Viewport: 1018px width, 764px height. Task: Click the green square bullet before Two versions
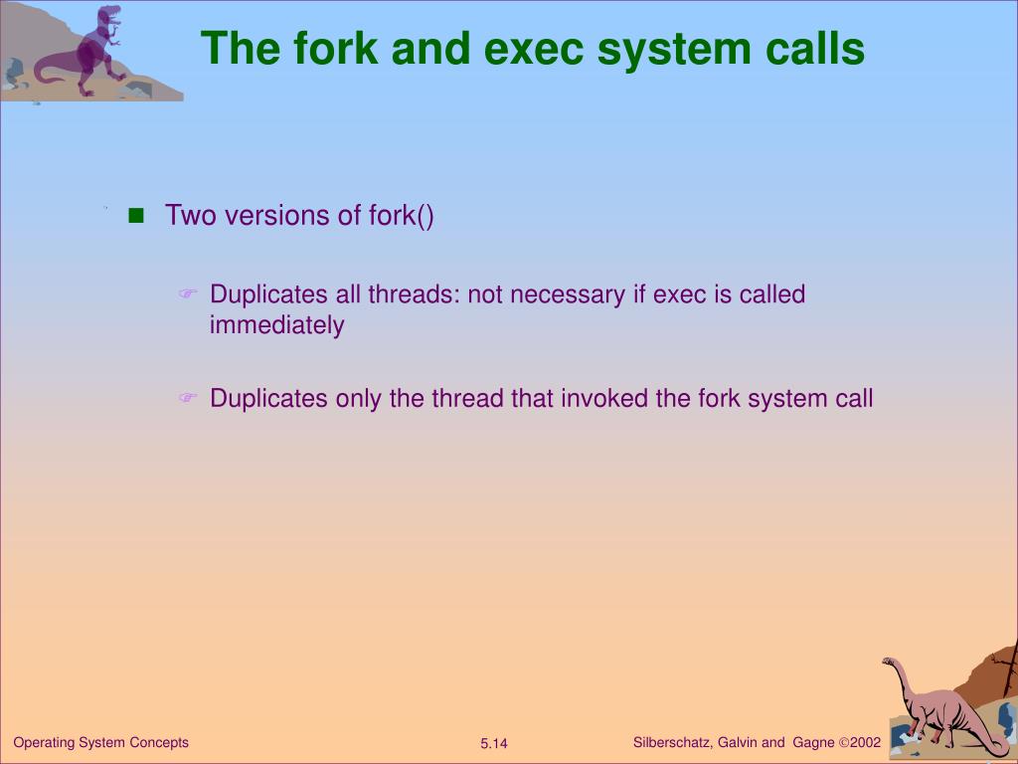pyautogui.click(x=136, y=215)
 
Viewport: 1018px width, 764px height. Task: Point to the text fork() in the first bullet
pyautogui.click(x=401, y=215)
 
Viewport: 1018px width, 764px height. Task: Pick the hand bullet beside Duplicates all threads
pyautogui.click(x=188, y=294)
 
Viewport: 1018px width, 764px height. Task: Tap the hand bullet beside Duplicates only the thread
pyautogui.click(x=188, y=399)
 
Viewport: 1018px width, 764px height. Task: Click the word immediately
pyautogui.click(x=276, y=325)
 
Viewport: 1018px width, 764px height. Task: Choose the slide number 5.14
pyautogui.click(x=494, y=744)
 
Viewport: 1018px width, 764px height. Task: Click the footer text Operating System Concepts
pyautogui.click(x=100, y=742)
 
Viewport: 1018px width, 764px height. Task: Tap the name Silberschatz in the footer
pyautogui.click(x=671, y=742)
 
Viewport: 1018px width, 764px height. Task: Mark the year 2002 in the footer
pyautogui.click(x=866, y=742)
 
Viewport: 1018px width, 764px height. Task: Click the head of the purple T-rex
pyautogui.click(x=110, y=15)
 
